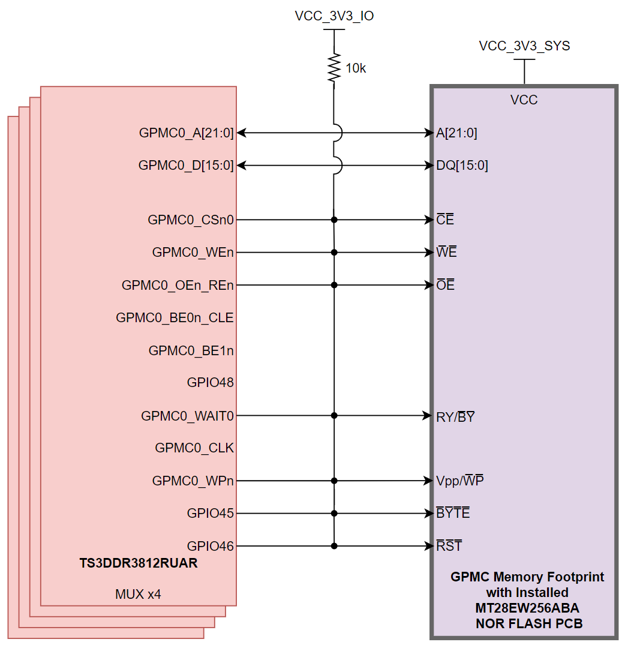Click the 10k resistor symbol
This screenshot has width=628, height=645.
coord(333,68)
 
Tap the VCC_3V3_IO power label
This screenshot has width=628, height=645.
coord(334,16)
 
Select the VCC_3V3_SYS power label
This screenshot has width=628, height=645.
coord(524,46)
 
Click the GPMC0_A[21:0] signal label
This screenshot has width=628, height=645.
coord(186,133)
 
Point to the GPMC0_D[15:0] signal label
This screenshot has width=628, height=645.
coord(186,165)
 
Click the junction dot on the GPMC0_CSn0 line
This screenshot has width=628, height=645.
coord(334,220)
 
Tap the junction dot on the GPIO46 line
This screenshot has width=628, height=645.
coord(334,546)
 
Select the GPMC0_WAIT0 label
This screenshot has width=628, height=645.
coord(187,416)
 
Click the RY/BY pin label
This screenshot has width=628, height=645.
coord(455,416)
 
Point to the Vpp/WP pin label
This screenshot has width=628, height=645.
coord(460,481)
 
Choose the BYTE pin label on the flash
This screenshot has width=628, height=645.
coord(453,514)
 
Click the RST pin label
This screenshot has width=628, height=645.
coord(449,546)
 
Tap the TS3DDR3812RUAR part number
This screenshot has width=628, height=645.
coord(139,564)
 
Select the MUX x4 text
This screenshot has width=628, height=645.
coord(138,595)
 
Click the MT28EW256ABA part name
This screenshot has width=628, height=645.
coord(527,608)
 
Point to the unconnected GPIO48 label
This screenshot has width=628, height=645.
coord(210,383)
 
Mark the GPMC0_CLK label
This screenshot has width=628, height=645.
coord(194,448)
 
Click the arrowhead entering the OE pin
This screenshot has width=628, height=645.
coord(428,285)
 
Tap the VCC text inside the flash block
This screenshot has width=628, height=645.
coord(524,100)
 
